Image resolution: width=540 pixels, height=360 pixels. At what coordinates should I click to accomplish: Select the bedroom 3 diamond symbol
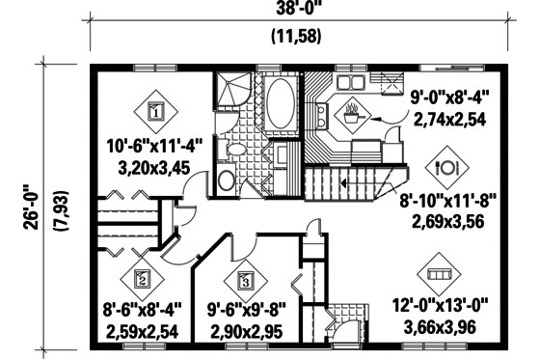[x=245, y=281]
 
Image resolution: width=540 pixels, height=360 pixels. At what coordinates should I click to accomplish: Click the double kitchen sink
[x=345, y=82]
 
